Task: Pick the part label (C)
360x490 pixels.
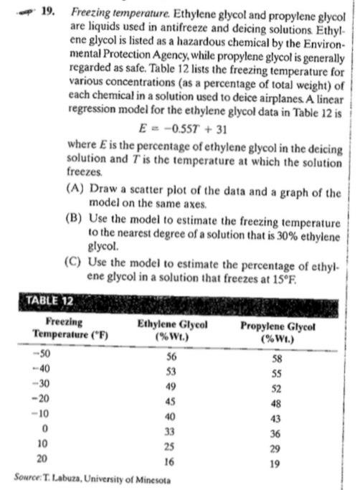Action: pos(77,262)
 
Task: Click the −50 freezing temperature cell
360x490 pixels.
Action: pos(45,355)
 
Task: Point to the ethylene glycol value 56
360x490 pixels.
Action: pos(171,356)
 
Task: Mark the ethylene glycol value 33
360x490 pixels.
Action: pos(171,430)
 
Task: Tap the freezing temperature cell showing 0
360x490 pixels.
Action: pos(45,430)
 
